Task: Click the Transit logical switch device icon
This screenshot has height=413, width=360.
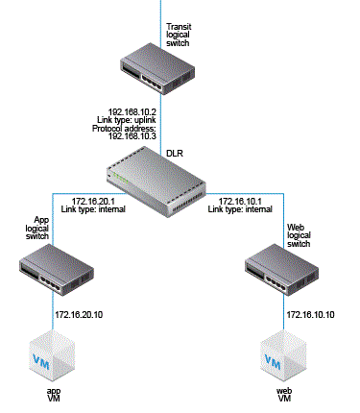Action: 157,69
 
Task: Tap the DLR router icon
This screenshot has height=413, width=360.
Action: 156,182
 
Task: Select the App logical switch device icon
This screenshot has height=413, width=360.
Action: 57,270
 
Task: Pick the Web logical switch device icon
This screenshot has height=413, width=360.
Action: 282,270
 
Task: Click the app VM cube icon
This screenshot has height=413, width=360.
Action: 52,355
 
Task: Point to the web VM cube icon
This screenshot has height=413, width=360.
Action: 283,355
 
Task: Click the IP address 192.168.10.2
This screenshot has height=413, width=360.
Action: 132,112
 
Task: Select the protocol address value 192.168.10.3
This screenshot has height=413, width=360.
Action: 132,136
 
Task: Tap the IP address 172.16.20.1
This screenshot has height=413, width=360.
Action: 93,202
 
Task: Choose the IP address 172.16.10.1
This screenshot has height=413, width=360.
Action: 240,202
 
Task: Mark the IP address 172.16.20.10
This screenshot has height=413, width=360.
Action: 79,315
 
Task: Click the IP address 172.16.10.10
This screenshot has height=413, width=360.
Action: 310,315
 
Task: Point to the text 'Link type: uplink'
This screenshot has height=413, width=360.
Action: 127,120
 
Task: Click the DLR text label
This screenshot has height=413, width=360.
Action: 175,154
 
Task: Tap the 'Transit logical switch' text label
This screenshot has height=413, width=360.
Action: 179,35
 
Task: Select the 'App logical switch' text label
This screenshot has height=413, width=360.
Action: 37,228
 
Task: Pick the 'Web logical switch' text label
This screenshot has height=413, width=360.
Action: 299,235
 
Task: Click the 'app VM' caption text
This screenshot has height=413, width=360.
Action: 54,395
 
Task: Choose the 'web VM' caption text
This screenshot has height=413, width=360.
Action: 284,395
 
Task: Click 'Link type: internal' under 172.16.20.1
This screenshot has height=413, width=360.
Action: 93,209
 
